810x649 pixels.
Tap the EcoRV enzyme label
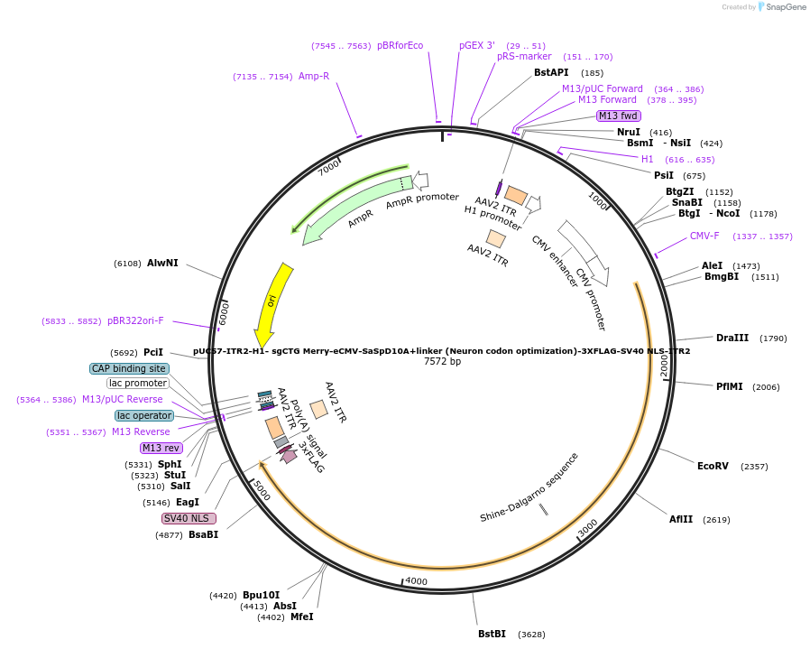click(x=713, y=466)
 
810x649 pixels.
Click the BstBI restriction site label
click(x=492, y=634)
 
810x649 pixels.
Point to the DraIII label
click(x=732, y=338)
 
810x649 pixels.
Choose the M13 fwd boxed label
click(x=619, y=116)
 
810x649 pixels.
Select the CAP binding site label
click(x=129, y=368)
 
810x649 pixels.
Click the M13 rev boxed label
click(x=161, y=448)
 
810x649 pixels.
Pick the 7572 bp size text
click(x=442, y=362)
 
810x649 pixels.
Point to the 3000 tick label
click(x=587, y=528)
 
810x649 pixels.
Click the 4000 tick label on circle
click(x=416, y=581)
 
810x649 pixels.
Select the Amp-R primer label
click(x=314, y=76)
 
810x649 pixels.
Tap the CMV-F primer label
click(x=704, y=236)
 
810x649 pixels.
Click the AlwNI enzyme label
click(x=162, y=263)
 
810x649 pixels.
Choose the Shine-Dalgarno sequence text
click(x=529, y=488)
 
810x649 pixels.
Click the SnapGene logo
click(x=783, y=7)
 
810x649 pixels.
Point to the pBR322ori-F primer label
click(x=135, y=320)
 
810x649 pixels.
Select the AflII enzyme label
click(x=681, y=519)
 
